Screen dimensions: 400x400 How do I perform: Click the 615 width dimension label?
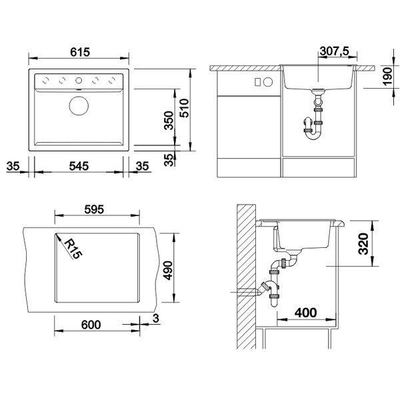point(80,52)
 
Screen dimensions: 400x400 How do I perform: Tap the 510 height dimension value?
point(184,108)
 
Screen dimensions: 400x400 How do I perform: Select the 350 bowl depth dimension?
point(169,121)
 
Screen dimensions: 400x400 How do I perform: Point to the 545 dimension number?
point(79,166)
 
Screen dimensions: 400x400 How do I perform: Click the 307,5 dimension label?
point(335,51)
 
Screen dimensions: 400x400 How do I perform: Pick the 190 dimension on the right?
point(387,77)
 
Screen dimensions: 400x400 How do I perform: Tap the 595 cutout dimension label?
point(94,209)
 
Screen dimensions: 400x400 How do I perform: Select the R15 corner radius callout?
point(73,249)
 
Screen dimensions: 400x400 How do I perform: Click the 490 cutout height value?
point(169,270)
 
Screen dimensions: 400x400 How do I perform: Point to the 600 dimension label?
point(91,325)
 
